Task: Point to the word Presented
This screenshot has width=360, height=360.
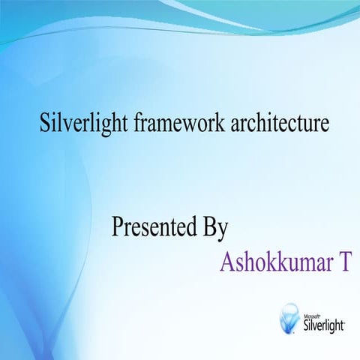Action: pyautogui.click(x=153, y=226)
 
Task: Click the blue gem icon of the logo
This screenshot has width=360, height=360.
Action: pyautogui.click(x=289, y=317)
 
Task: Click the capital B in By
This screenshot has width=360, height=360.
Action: pyautogui.click(x=209, y=226)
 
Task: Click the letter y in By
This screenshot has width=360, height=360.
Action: pyautogui.click(x=223, y=229)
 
